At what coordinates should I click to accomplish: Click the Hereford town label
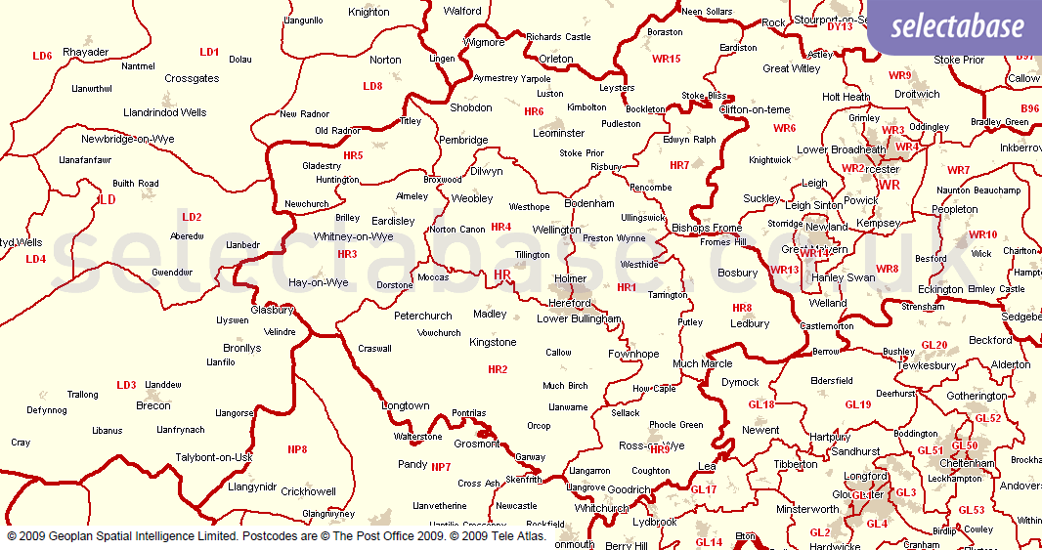(x=570, y=304)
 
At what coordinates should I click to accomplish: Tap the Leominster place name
(x=558, y=133)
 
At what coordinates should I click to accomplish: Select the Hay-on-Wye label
(x=319, y=283)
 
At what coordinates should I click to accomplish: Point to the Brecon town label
(x=153, y=405)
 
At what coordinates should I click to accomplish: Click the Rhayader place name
(x=85, y=53)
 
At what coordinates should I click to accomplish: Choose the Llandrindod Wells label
(x=164, y=113)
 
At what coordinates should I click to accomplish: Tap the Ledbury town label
(x=750, y=323)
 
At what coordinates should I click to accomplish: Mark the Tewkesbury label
(x=926, y=365)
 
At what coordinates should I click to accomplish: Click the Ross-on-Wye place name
(x=652, y=445)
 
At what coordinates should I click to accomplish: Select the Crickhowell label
(x=308, y=492)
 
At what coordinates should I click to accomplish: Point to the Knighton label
(x=369, y=13)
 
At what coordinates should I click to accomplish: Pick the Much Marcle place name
(x=702, y=364)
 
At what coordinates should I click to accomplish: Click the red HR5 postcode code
(x=353, y=155)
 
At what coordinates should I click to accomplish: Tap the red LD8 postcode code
(x=372, y=86)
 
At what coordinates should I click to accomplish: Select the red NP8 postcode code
(x=297, y=449)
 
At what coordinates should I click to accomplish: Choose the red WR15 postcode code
(x=666, y=59)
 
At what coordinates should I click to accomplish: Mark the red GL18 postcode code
(x=760, y=404)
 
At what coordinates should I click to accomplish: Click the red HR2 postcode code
(x=498, y=369)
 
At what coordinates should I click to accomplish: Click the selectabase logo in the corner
(x=953, y=27)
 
